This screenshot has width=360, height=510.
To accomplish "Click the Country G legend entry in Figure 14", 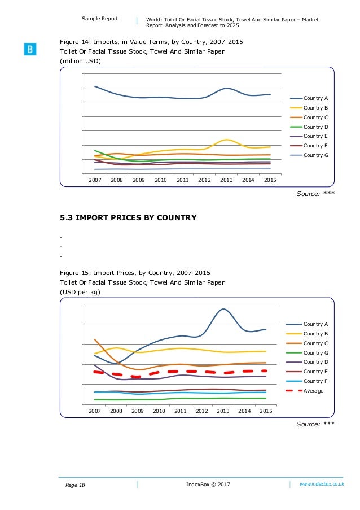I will tap(313, 155).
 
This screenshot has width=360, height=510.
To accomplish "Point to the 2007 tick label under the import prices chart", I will tap(94, 411).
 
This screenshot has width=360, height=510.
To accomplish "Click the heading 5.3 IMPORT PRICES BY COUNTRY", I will tap(128, 217).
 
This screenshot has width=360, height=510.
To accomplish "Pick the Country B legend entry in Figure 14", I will tap(313, 107).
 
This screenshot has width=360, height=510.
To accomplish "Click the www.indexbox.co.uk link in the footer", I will tap(322, 485).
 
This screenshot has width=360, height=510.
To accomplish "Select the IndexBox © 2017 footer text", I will tap(208, 485).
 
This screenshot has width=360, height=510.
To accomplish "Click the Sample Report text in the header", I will tap(100, 19).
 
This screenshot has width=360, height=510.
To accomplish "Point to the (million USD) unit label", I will tap(81, 61).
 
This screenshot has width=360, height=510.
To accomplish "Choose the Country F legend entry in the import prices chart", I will tap(313, 381).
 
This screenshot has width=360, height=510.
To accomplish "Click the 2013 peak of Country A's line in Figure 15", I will tap(223, 309).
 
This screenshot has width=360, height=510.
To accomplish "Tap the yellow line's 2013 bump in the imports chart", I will tap(226, 140).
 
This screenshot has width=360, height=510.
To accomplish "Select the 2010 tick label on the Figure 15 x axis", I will tap(159, 411).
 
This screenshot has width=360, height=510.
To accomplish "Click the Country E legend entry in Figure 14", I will tap(313, 136).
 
